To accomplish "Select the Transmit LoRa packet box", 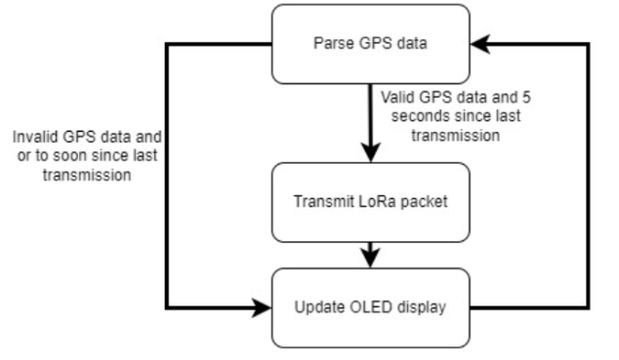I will (370, 203).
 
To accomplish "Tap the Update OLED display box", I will (370, 309).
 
